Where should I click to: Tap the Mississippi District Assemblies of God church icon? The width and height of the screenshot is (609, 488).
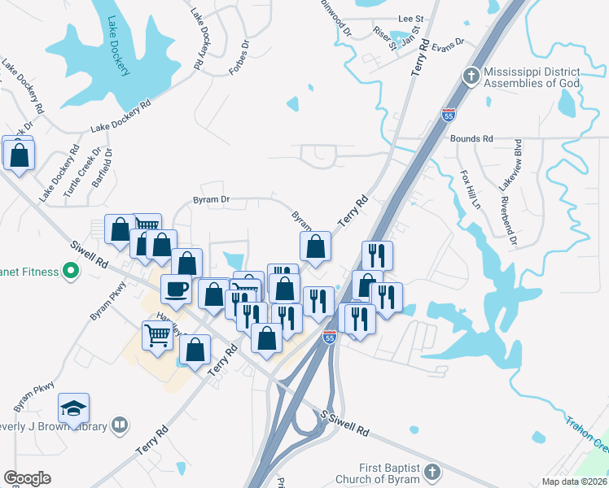[x=470, y=76]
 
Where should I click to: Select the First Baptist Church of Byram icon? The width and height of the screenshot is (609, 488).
[x=432, y=471]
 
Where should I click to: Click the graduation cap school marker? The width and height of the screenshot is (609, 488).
[x=74, y=407]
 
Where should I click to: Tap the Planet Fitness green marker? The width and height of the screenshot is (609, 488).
[x=70, y=271]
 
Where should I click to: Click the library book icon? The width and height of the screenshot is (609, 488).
[x=120, y=425]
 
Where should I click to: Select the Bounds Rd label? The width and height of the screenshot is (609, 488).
[x=472, y=139]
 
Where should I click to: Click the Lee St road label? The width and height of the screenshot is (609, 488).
[x=411, y=18]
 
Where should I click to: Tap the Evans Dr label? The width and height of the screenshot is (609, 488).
[x=448, y=42]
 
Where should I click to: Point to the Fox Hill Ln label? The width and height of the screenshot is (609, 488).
[x=471, y=190]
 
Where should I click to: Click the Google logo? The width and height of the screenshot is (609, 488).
[x=27, y=478]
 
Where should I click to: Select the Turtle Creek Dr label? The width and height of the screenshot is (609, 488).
[x=85, y=172]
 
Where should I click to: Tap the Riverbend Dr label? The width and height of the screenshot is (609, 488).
[x=508, y=219]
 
